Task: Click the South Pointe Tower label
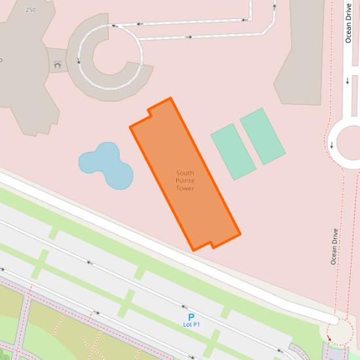point(185,181)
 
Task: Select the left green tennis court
point(232,151)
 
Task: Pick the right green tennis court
point(262,136)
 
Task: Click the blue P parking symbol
point(191,316)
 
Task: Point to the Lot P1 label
point(191,325)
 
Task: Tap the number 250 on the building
point(30,10)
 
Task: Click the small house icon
point(58,65)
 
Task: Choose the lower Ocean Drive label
point(334,246)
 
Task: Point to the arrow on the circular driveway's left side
point(79,62)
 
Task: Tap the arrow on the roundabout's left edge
point(332,145)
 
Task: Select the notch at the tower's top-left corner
point(151,112)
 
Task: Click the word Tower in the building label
point(185,189)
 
